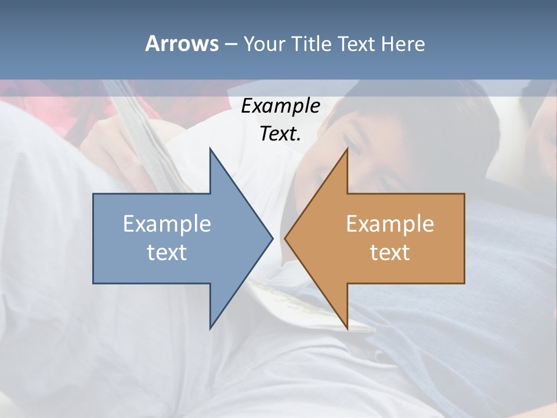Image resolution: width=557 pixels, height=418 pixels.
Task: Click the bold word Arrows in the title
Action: point(182,44)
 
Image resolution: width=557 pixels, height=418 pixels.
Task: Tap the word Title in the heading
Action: point(312,44)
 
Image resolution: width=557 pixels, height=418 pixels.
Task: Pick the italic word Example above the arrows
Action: point(281,106)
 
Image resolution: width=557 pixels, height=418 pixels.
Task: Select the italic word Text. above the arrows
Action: point(281,134)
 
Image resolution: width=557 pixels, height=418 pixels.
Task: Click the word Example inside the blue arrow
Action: point(167,224)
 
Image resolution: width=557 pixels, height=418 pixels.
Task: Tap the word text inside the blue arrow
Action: point(167,253)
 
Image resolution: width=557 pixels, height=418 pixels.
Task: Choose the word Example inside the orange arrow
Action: point(390,224)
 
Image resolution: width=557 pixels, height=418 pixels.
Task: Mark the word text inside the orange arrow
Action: point(390,253)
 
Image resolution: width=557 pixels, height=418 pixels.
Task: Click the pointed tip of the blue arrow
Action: point(272,238)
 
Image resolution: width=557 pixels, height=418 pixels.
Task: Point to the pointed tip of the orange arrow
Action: point(285,238)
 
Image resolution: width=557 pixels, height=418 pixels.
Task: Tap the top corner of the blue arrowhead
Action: point(211,149)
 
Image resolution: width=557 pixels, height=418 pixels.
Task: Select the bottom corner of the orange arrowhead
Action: point(347,328)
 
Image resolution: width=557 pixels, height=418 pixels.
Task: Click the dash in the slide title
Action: point(230,44)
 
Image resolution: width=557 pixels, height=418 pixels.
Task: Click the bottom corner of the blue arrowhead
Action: point(211,328)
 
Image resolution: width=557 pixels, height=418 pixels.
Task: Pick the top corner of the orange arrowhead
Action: point(347,149)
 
